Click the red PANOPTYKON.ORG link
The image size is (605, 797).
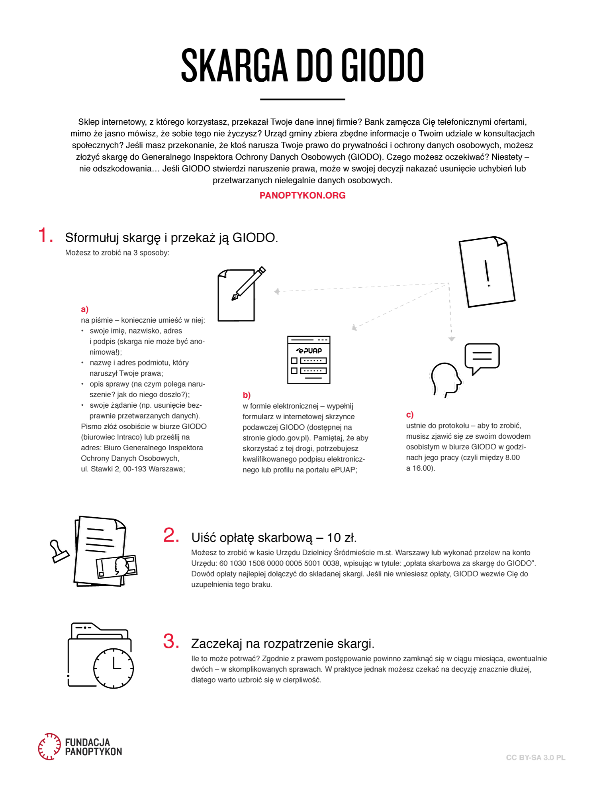(302, 196)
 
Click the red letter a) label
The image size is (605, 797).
(84, 309)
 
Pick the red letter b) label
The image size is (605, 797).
(247, 395)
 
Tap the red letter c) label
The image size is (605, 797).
(410, 415)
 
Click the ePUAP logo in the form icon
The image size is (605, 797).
(309, 351)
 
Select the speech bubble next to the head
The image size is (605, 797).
(482, 357)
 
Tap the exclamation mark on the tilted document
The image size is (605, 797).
(487, 273)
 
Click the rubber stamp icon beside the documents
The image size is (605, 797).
(59, 552)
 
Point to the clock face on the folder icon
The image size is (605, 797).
(114, 668)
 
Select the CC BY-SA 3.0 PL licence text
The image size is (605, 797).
(536, 758)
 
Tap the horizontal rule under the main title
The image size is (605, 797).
(302, 99)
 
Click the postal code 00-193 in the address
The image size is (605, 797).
(135, 469)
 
